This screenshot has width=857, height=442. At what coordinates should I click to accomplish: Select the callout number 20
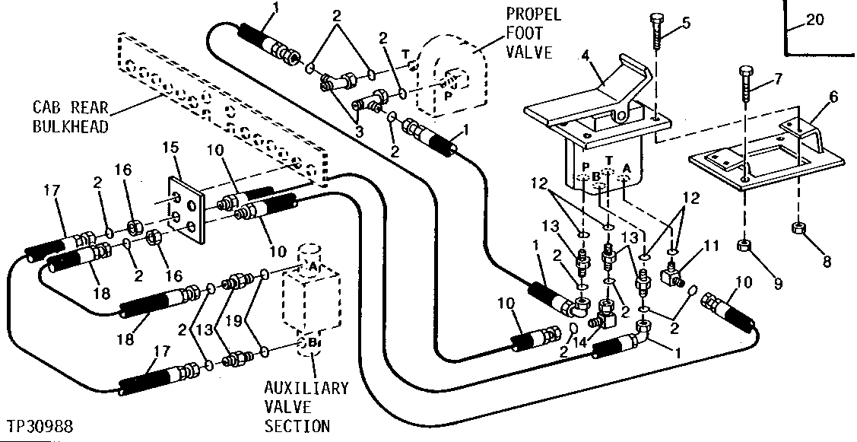[x=814, y=21]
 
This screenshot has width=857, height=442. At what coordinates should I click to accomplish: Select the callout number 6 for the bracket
[x=813, y=97]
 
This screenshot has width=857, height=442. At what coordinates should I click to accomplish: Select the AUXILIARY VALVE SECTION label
[x=306, y=407]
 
